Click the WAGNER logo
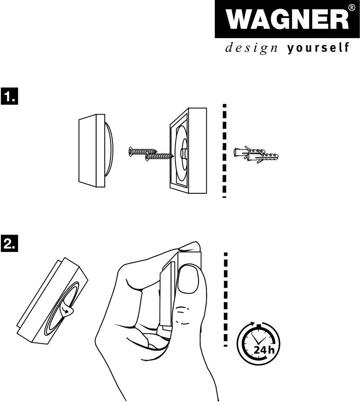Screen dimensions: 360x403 click(x=287, y=19)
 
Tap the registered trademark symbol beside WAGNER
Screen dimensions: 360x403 click(x=352, y=7)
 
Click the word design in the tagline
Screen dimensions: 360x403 click(x=251, y=48)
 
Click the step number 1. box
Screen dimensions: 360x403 click(x=9, y=96)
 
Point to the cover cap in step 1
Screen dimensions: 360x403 click(x=95, y=151)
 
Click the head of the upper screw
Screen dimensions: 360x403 click(x=130, y=152)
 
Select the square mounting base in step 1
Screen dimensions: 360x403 click(x=188, y=151)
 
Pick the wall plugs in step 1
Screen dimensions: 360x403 click(x=256, y=154)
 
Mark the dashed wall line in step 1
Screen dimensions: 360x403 click(x=225, y=151)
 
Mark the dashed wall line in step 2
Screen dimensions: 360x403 click(x=226, y=299)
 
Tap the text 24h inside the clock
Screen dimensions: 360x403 click(x=264, y=350)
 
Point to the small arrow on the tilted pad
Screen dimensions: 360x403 click(x=67, y=311)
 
